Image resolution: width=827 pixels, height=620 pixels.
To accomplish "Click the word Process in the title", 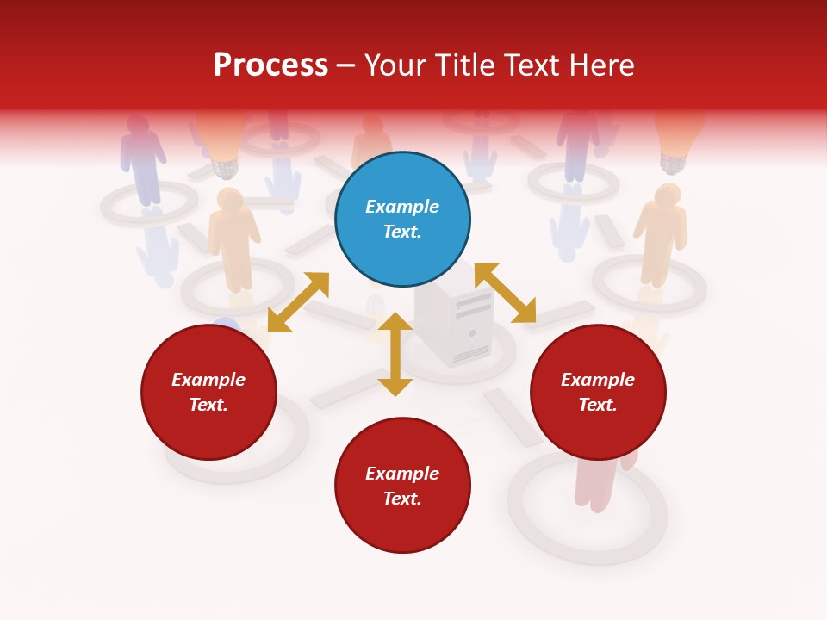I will tap(270, 65).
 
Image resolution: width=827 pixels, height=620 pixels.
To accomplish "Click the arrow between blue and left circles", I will tap(298, 302).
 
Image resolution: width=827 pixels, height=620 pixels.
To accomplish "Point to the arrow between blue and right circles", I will tap(506, 294).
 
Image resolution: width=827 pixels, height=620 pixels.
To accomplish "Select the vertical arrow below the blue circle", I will tap(395, 354).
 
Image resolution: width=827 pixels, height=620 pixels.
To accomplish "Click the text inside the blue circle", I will tap(402, 219).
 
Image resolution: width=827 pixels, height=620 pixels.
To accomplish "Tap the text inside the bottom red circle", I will tap(402, 486).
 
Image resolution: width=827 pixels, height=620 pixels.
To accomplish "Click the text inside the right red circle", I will tap(598, 392).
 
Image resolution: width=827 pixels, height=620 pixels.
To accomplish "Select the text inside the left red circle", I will tap(208, 392).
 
